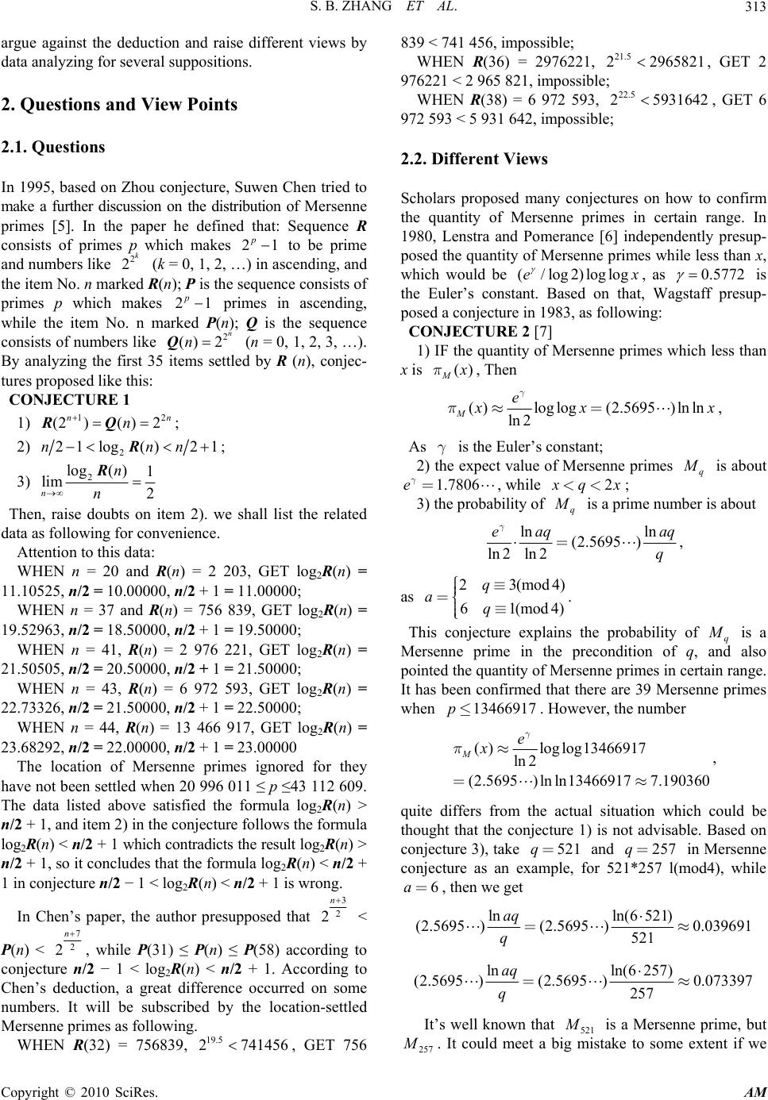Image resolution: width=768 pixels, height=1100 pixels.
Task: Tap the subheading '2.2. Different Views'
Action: point(474,159)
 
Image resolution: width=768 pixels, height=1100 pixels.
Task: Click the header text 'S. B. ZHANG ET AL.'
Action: point(384,11)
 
